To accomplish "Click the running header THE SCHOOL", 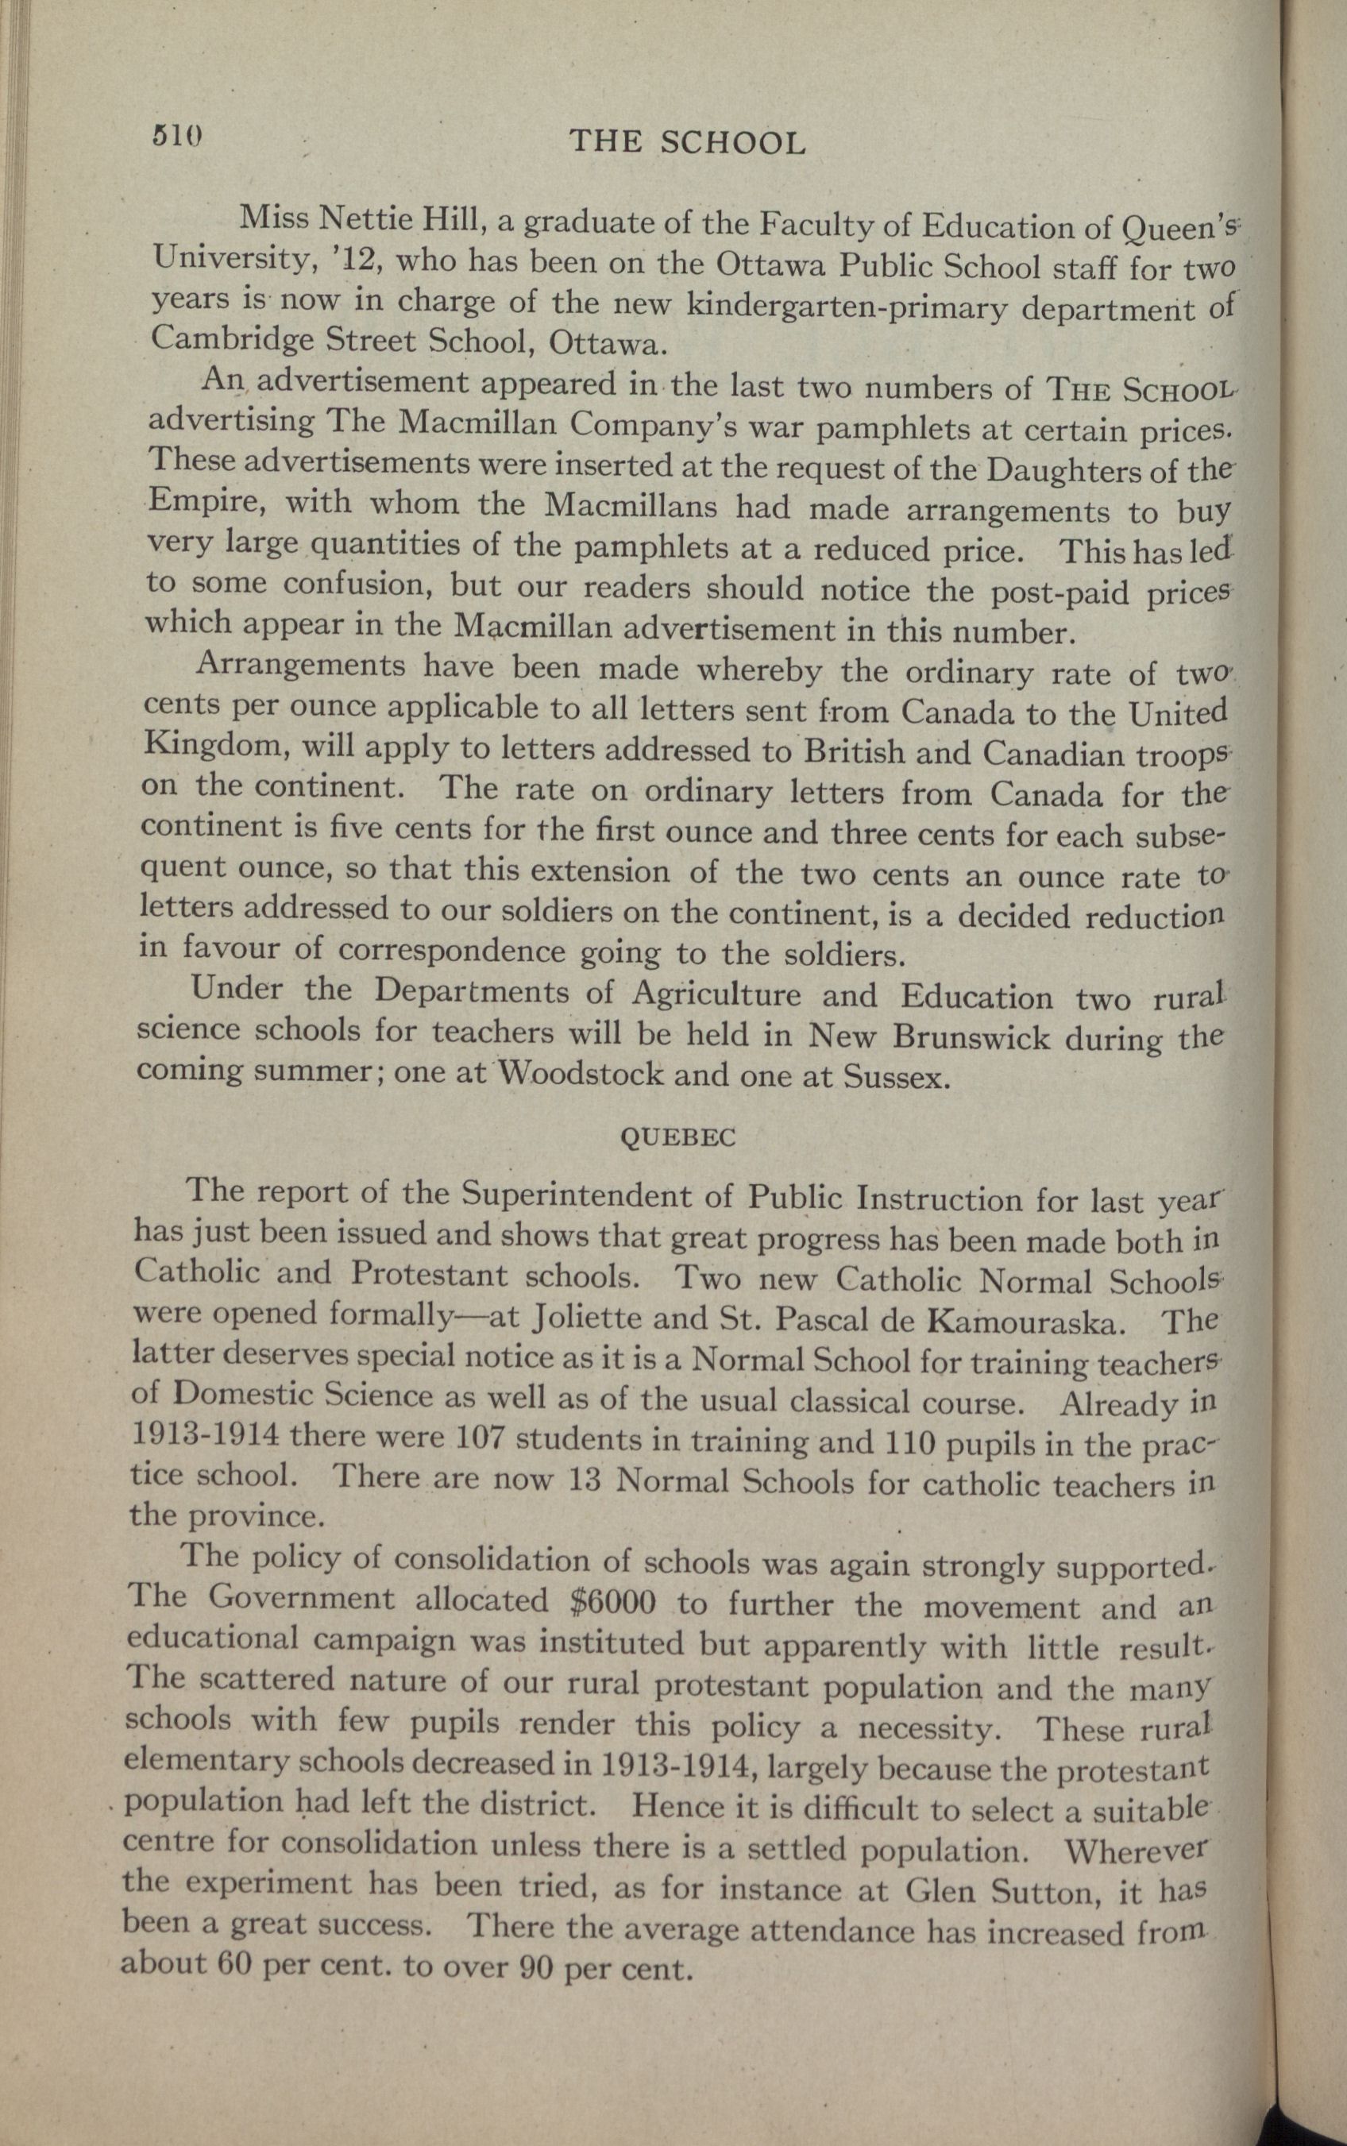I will pyautogui.click(x=687, y=142).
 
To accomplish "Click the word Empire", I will pyautogui.click(x=204, y=500).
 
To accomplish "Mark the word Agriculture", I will pyautogui.click(x=716, y=994).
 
